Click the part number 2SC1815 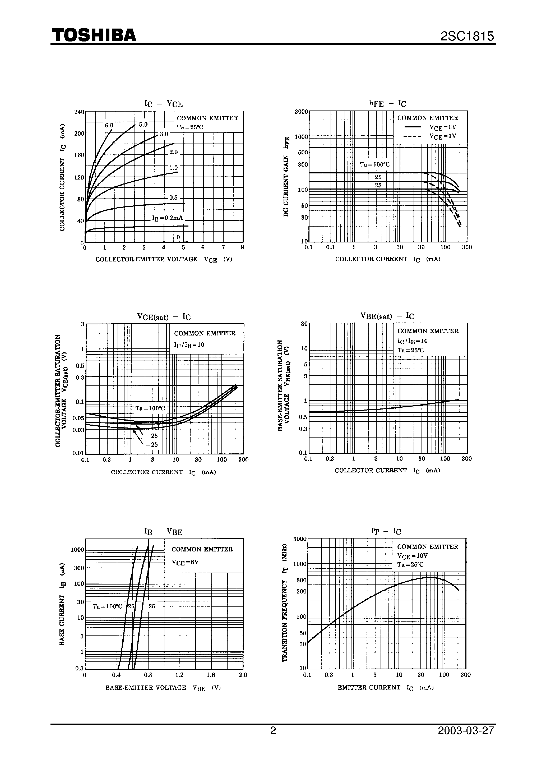point(467,36)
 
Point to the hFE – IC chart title point(388,104)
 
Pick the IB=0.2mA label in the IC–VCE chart point(168,218)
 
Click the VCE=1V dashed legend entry point(430,136)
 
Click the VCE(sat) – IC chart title point(164,317)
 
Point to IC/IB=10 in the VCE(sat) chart point(189,345)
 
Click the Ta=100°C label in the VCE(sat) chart point(150,408)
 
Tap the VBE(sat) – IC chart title point(387,316)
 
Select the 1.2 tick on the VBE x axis point(179,675)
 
